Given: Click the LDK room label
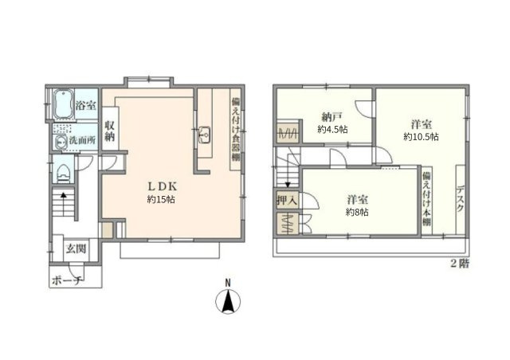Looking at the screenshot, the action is (x=163, y=186).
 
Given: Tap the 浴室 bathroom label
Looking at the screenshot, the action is (x=86, y=105).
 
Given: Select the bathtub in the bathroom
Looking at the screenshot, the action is (x=63, y=104).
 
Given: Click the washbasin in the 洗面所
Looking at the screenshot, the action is (x=61, y=142).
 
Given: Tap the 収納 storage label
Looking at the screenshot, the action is (x=110, y=131).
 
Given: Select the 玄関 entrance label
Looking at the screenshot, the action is (x=76, y=248).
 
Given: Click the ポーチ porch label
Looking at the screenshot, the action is (x=68, y=280).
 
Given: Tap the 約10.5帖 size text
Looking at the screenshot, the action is (x=422, y=136).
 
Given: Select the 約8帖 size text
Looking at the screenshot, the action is (x=357, y=213).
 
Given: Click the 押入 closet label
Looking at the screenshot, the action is (x=287, y=201).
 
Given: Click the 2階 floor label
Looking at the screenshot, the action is (x=460, y=263).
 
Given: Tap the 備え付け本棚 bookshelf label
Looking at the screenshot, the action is (x=426, y=198).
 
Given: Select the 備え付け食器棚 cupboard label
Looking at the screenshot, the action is (x=236, y=129).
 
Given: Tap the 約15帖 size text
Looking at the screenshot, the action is (x=161, y=199).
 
